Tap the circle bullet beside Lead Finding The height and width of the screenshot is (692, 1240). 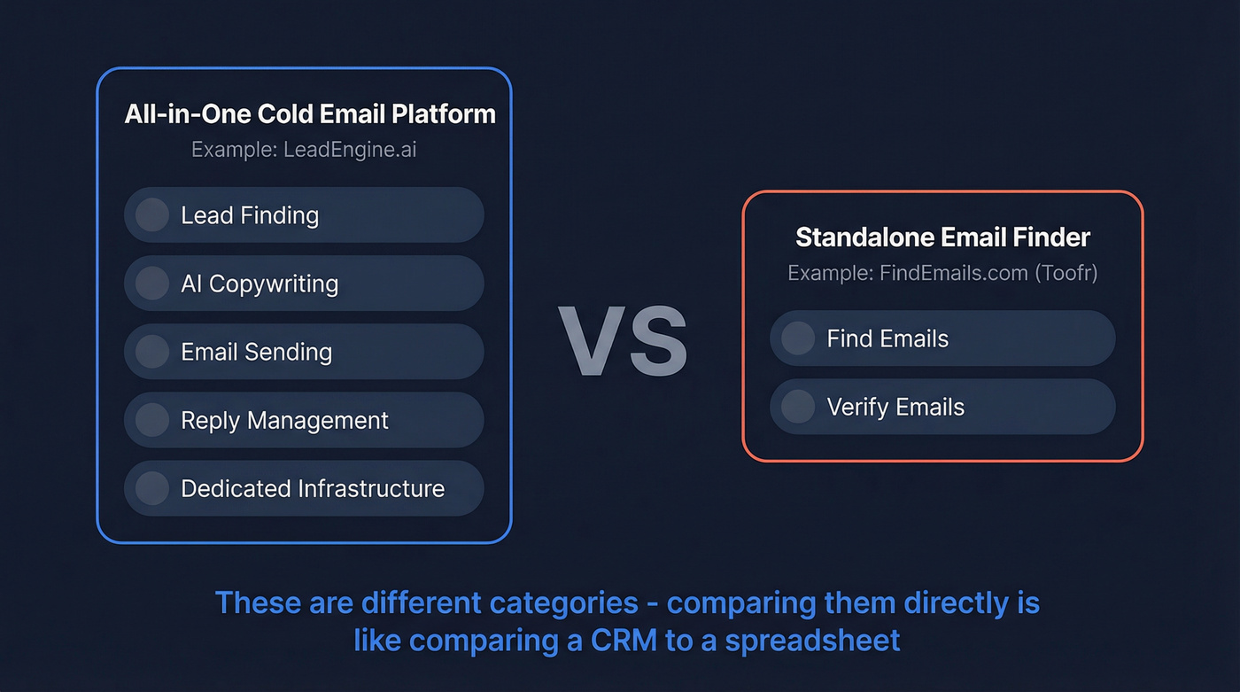tap(152, 215)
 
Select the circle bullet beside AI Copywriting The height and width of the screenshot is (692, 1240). tap(152, 284)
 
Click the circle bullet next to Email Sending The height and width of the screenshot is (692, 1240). tap(152, 352)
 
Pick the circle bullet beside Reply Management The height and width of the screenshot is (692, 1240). tap(152, 420)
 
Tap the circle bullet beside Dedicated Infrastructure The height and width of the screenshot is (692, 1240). tap(152, 488)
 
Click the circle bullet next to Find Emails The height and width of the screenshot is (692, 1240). tap(798, 338)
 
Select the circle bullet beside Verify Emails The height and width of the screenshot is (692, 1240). tap(798, 407)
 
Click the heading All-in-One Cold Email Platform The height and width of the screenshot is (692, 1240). tap(309, 114)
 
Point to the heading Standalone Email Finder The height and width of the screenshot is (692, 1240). tap(942, 237)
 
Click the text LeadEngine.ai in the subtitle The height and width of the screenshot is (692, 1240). tap(350, 149)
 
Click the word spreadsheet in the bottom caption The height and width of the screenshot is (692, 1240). tap(812, 640)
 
